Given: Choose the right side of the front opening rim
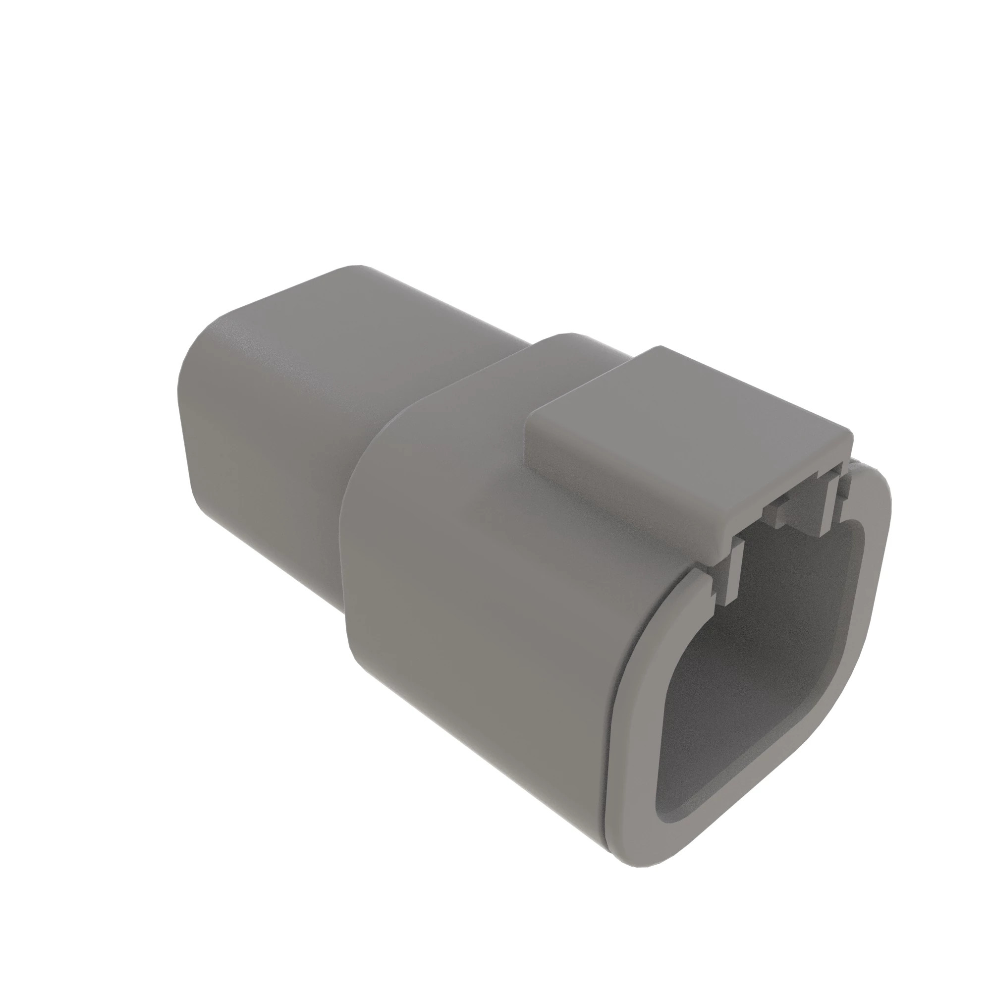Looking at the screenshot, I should (x=872, y=590).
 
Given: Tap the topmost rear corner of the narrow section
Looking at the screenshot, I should (x=354, y=267).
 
